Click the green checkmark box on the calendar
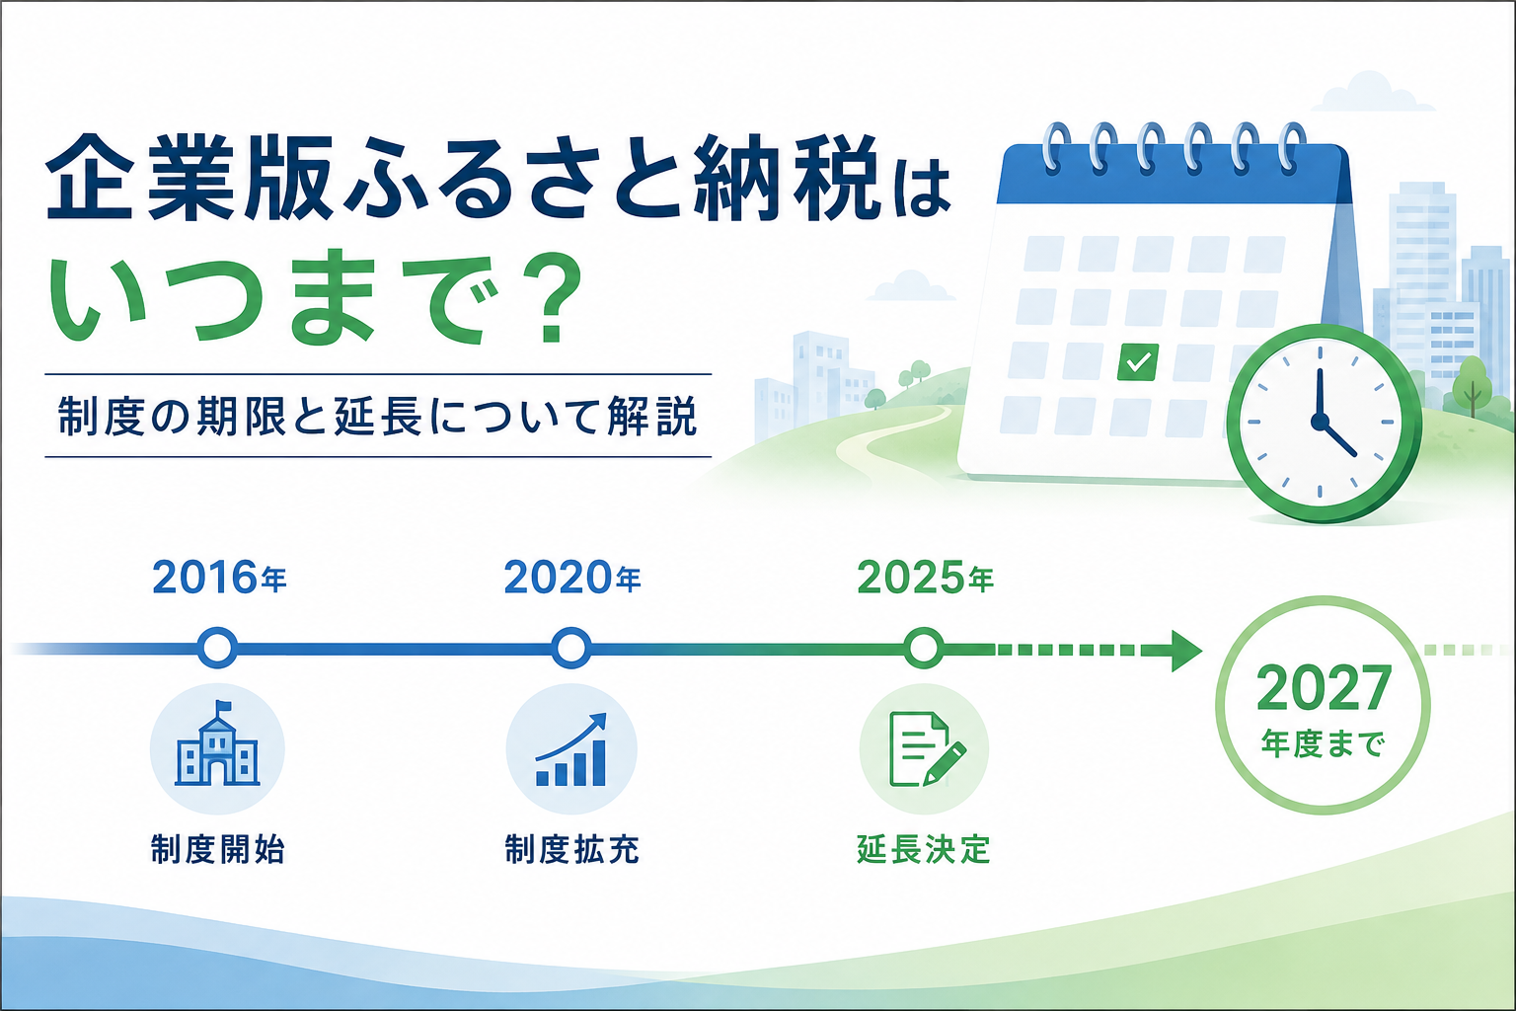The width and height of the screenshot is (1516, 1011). pos(1138,361)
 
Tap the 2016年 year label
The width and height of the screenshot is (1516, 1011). pos(219,578)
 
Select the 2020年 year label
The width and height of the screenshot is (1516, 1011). pos(571,578)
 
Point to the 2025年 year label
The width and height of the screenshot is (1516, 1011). pos(925,578)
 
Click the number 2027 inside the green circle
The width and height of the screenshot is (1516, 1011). pos(1324,689)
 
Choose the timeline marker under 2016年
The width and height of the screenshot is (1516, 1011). pos(217,648)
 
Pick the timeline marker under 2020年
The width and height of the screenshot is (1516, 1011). pos(571,648)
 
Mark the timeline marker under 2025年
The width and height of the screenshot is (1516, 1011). pos(924,648)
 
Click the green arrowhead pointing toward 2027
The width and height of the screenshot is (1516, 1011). pos(1185,650)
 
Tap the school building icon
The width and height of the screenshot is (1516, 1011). pos(217,744)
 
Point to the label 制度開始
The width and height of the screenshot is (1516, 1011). pos(218,850)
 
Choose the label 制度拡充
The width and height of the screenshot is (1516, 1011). pos(571,850)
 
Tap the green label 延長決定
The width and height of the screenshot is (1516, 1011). pos(924,850)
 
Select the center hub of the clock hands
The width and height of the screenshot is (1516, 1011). pos(1320,422)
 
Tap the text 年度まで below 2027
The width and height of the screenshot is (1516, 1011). pos(1324,744)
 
